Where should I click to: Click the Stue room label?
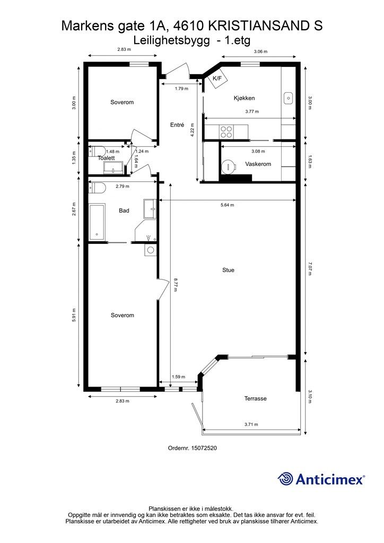pos(228,270)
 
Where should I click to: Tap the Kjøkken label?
pos(245,98)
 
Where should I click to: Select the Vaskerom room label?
pos(258,164)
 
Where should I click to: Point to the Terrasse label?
pos(255,398)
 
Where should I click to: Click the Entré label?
pos(177,125)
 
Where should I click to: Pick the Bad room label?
pos(124,211)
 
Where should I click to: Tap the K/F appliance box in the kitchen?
pos(217,79)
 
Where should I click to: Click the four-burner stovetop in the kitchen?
pos(226,130)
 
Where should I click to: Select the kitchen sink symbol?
pos(288,98)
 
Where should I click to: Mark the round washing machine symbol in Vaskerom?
pos(230,167)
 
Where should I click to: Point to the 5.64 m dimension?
pos(228,205)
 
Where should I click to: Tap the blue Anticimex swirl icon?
pos(286,479)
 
